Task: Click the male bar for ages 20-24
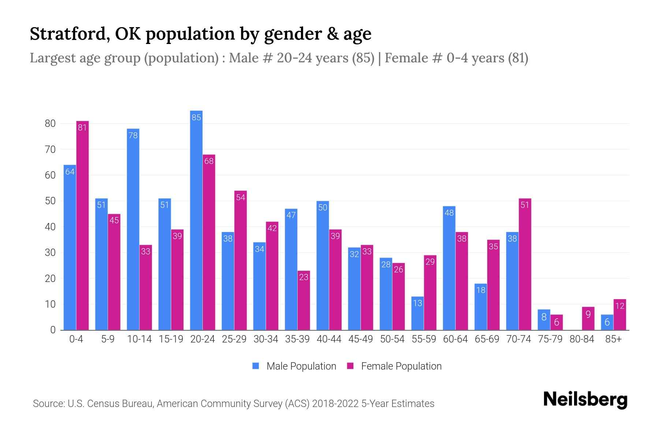tap(196, 220)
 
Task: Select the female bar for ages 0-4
tap(82, 225)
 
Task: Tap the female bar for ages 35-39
tap(304, 301)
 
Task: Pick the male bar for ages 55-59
tap(417, 313)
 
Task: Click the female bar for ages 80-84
tap(588, 319)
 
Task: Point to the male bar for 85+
tap(607, 322)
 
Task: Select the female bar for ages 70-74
tap(525, 264)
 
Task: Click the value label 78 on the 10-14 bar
tap(133, 136)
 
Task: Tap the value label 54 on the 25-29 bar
tap(241, 198)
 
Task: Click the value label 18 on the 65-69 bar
tap(481, 290)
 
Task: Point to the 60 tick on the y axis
tap(50, 175)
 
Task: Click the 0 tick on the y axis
tap(53, 330)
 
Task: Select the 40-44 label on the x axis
tap(329, 339)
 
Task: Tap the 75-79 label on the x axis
tap(550, 339)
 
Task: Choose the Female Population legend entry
tap(394, 366)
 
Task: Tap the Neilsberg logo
tap(585, 400)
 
